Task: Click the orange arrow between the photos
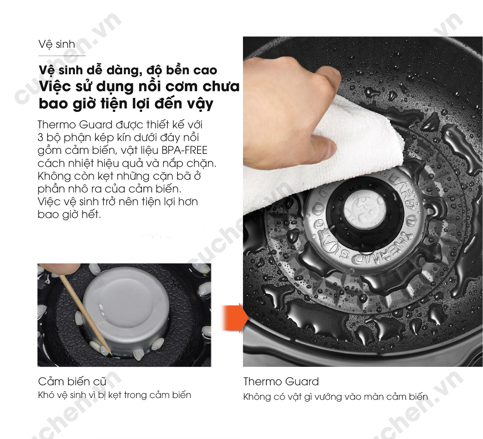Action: (x=235, y=318)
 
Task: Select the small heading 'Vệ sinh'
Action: (x=57, y=44)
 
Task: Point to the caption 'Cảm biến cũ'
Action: (x=72, y=381)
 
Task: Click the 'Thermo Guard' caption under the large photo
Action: (x=281, y=381)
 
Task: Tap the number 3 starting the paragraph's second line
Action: (x=40, y=138)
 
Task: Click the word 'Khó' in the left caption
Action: (x=46, y=395)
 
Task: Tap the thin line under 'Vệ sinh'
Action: (x=62, y=56)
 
